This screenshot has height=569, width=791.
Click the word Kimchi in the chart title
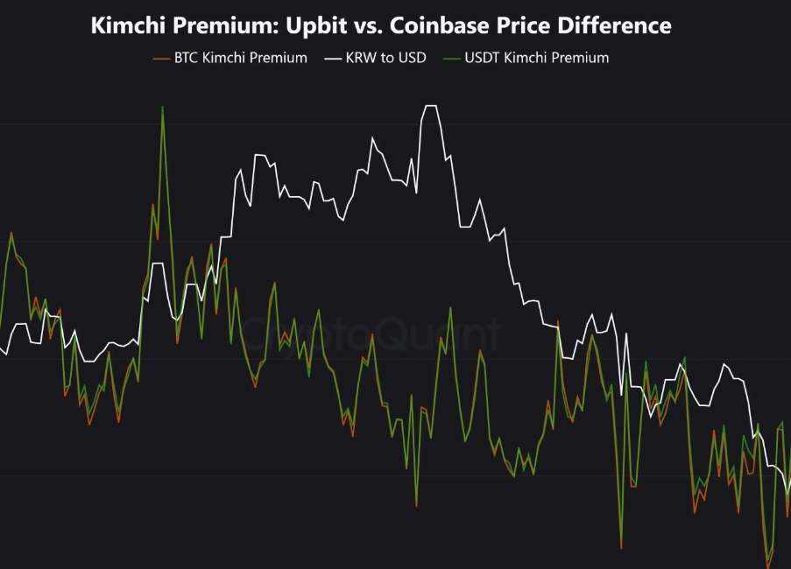(124, 25)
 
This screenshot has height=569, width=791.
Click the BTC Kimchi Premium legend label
(240, 58)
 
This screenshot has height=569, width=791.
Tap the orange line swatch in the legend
(161, 58)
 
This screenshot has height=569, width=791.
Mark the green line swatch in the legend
(452, 58)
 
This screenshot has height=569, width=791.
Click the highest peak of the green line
(162, 108)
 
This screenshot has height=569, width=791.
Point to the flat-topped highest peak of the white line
(430, 106)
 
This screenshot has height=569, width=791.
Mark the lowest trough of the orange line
(768, 565)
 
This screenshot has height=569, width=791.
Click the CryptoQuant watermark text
(372, 333)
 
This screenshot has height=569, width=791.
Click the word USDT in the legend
(481, 58)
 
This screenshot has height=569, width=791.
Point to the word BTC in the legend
(187, 58)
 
